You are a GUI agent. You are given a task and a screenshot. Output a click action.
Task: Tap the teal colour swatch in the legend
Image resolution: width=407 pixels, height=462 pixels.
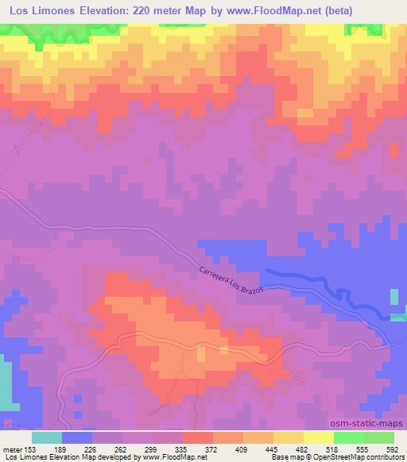tap(47, 437)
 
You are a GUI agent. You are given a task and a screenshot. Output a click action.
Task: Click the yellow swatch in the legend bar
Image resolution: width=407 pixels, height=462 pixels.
tap(319, 437)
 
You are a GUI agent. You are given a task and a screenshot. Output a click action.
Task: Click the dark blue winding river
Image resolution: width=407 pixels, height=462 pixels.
tap(318, 287)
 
